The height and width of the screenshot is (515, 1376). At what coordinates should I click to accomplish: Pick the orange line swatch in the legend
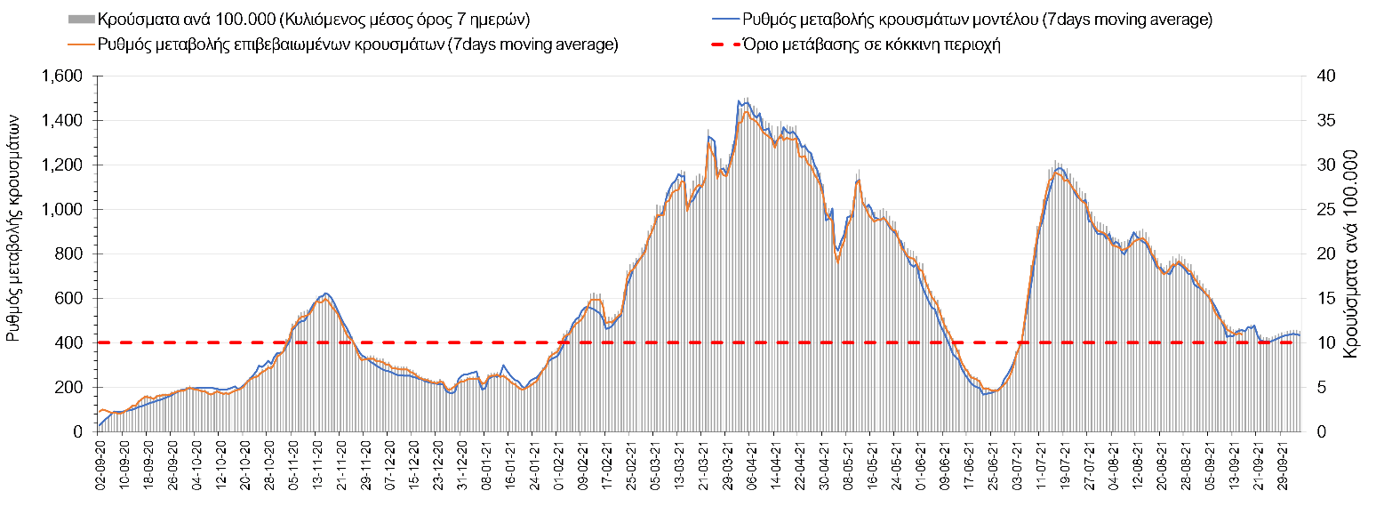click(x=81, y=44)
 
